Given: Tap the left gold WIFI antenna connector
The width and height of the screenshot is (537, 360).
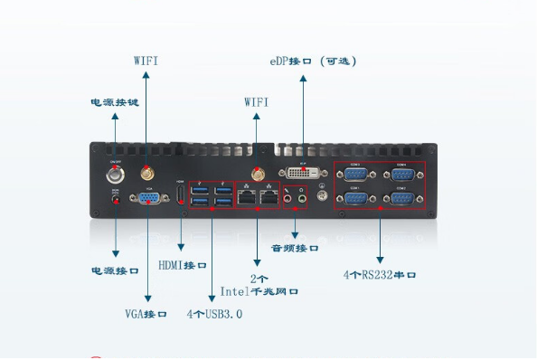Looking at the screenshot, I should click(x=145, y=170).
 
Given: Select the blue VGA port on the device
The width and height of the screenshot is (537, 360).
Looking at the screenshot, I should click(x=149, y=200).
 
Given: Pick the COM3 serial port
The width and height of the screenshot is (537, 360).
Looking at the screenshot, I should click(x=355, y=173).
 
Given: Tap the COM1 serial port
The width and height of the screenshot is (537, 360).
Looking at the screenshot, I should click(x=355, y=196).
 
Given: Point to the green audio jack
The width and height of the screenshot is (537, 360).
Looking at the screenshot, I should click(x=302, y=194).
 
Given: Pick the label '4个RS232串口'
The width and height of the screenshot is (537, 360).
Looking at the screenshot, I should click(x=380, y=274).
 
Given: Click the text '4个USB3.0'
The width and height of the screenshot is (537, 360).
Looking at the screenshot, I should click(x=214, y=314).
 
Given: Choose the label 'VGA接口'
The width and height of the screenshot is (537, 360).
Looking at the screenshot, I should click(x=146, y=314).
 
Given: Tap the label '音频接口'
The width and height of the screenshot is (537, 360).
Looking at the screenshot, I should click(x=296, y=247).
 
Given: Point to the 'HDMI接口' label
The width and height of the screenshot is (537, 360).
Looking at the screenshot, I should click(x=183, y=265).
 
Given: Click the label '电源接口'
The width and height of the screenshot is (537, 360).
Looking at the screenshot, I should click(x=115, y=270).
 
